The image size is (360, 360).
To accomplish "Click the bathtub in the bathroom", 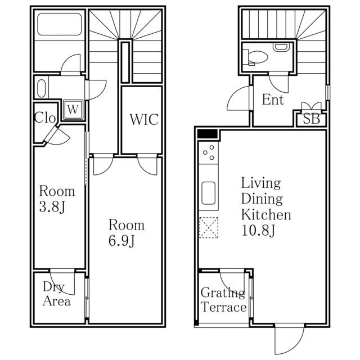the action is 60,24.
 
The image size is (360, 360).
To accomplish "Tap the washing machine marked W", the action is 73,110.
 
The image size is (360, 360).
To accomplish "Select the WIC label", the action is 144,119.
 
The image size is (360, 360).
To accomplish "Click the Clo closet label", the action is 45,118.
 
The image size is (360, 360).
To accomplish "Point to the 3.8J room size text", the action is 52,207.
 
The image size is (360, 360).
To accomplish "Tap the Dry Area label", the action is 57,294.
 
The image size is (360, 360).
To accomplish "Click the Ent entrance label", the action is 273,100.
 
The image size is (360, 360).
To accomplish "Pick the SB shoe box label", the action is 311,119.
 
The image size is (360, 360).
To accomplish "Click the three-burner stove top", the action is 209,152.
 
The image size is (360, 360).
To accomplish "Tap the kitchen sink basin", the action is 208,193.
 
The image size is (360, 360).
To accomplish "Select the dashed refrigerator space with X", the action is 209,227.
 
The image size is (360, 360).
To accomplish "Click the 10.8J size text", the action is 258,231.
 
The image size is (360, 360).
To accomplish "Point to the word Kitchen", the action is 266,215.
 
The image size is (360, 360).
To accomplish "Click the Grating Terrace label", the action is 224,300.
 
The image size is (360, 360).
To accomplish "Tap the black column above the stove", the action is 208,134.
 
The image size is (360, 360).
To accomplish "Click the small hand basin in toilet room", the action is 280,47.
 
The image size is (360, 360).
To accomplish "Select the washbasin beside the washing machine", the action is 41,89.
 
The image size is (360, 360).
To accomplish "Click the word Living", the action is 261,183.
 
